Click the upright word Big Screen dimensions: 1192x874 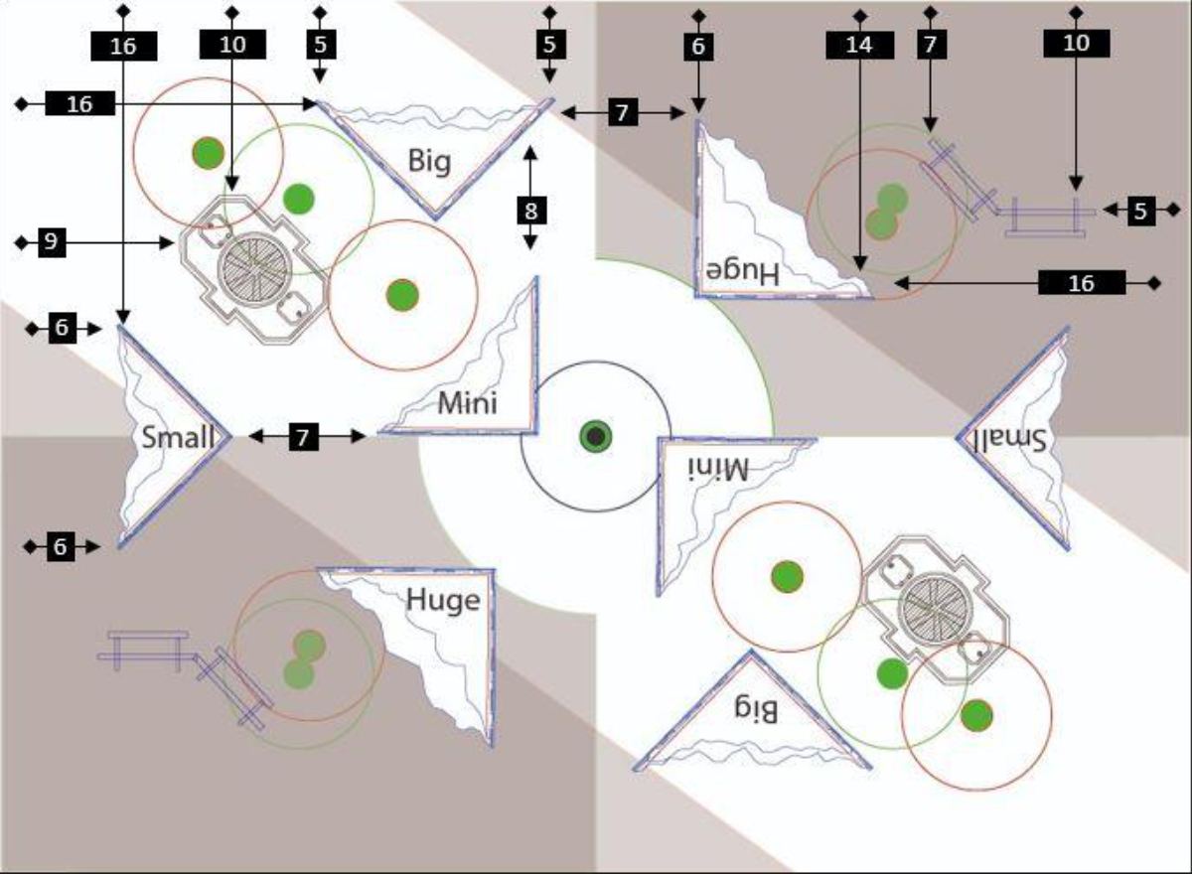click(429, 162)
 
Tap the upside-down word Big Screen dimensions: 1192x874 click(756, 708)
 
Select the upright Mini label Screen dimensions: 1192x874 click(467, 402)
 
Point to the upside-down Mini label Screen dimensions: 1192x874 click(718, 469)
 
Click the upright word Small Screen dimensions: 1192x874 click(178, 437)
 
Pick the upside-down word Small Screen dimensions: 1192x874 click(1010, 440)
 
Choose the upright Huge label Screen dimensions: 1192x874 click(443, 601)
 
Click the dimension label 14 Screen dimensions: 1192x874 click(859, 45)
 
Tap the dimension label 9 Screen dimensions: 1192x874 click(52, 242)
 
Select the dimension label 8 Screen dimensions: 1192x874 click(531, 211)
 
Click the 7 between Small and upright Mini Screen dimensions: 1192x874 click(303, 437)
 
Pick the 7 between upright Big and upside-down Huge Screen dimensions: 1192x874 click(623, 112)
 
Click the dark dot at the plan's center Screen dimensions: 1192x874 click(595, 436)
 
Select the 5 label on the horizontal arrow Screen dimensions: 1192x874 click(1140, 211)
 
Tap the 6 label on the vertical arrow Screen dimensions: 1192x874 click(698, 47)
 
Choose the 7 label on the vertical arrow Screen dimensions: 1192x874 click(930, 44)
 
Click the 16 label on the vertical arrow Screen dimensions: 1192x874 click(123, 47)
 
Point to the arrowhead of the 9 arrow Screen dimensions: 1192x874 click(167, 243)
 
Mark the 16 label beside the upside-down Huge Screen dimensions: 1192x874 click(1082, 283)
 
